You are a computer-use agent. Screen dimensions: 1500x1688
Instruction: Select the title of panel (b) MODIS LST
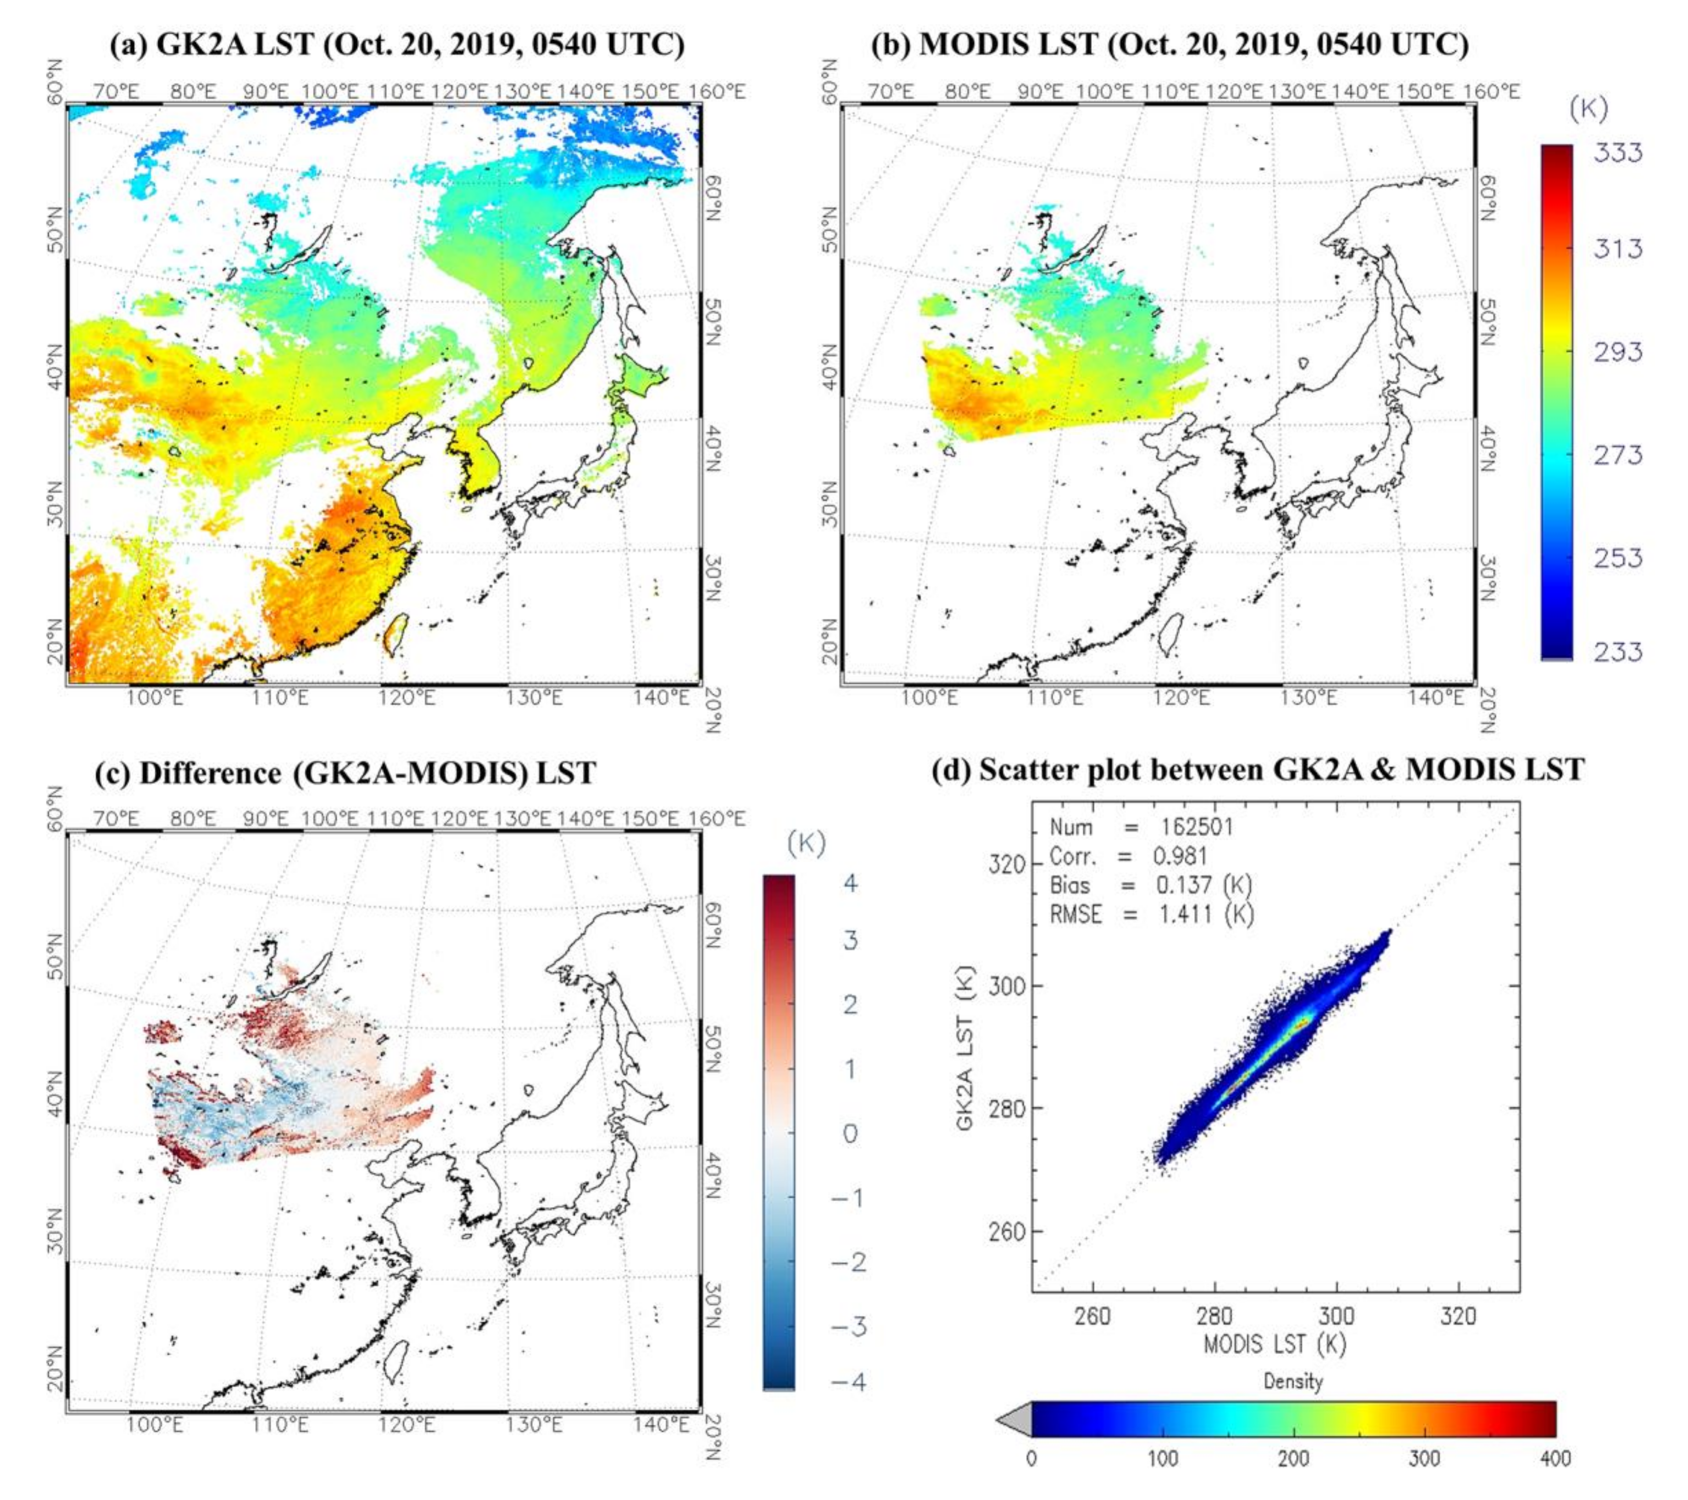[1170, 44]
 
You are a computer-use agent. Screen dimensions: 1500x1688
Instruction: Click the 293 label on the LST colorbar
[1617, 353]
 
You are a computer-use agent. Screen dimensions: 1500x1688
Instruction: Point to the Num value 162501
[1192, 827]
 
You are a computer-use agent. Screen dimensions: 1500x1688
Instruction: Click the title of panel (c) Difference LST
[345, 772]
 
